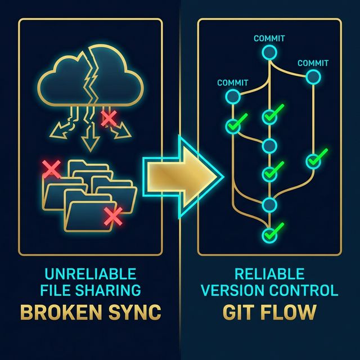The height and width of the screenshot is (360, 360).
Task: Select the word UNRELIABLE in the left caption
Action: [90, 274]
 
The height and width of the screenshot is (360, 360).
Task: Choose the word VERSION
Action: [232, 290]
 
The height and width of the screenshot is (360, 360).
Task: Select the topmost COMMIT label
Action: [269, 39]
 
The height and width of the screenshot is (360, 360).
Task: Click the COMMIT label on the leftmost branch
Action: [232, 83]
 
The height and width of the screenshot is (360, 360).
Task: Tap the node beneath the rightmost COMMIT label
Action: [312, 76]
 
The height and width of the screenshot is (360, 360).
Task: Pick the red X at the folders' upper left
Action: [52, 168]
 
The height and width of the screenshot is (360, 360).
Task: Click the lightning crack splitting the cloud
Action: [90, 79]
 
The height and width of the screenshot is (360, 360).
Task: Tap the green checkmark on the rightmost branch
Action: [316, 159]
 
